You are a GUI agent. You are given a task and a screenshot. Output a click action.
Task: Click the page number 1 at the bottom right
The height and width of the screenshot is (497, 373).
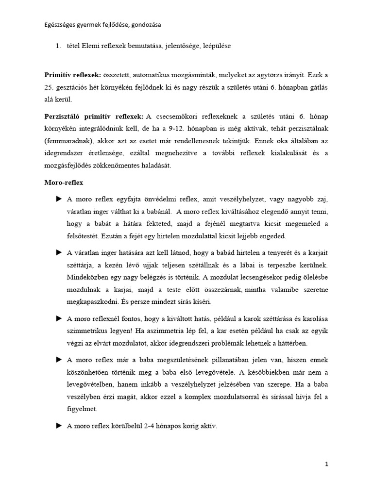(x=327, y=464)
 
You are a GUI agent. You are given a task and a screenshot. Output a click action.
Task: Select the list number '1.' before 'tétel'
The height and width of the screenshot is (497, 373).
(x=58, y=46)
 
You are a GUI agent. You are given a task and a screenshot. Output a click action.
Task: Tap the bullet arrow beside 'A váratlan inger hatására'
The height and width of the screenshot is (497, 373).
(x=59, y=252)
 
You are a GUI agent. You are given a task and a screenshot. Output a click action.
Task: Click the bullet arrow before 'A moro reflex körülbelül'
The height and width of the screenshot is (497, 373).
(x=59, y=426)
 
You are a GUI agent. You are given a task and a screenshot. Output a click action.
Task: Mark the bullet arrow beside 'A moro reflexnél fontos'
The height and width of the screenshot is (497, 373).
(x=59, y=318)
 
